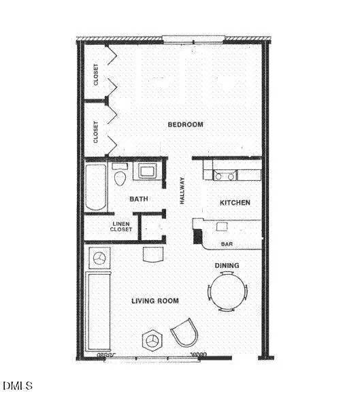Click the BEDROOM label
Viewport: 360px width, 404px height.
[x=186, y=124]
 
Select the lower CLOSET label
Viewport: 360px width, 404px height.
[x=96, y=131]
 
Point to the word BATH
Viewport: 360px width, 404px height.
[x=140, y=199]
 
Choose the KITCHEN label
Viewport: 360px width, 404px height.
[x=235, y=203]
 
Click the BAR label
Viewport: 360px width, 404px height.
[x=227, y=243]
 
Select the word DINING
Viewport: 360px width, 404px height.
[x=227, y=265]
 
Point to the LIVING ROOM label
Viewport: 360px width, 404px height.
[x=155, y=301]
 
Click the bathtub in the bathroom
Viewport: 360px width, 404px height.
[x=96, y=186]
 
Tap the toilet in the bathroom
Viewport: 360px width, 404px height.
[x=120, y=176]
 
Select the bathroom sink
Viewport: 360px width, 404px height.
[x=147, y=171]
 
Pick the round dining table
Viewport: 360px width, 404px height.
[x=227, y=291]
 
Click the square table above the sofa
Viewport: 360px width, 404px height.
[x=100, y=259]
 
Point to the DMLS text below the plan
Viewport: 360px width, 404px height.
[x=17, y=386]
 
